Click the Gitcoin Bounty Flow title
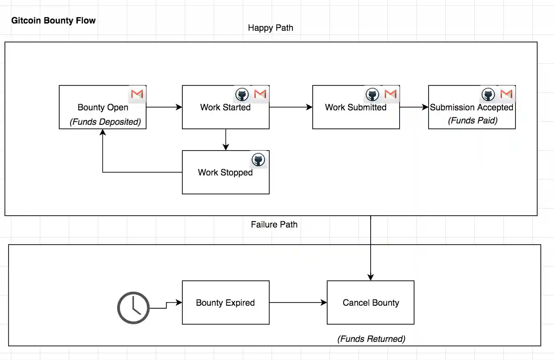point(53,20)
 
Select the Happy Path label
point(270,28)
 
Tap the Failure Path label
point(274,224)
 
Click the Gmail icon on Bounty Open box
point(137,94)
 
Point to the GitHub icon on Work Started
point(242,95)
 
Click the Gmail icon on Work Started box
point(260,94)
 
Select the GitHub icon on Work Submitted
point(373,95)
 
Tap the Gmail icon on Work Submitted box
point(390,94)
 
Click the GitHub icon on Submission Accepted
point(488,95)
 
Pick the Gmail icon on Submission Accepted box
point(506,94)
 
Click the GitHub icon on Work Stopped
point(258,160)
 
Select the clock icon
point(134,308)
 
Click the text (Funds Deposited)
point(105,122)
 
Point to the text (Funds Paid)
point(473,120)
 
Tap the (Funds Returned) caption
point(371,339)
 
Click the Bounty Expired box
point(225,303)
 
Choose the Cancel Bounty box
point(371,303)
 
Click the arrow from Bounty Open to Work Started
point(164,107)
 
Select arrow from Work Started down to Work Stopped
point(226,139)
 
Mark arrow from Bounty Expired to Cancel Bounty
point(298,303)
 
